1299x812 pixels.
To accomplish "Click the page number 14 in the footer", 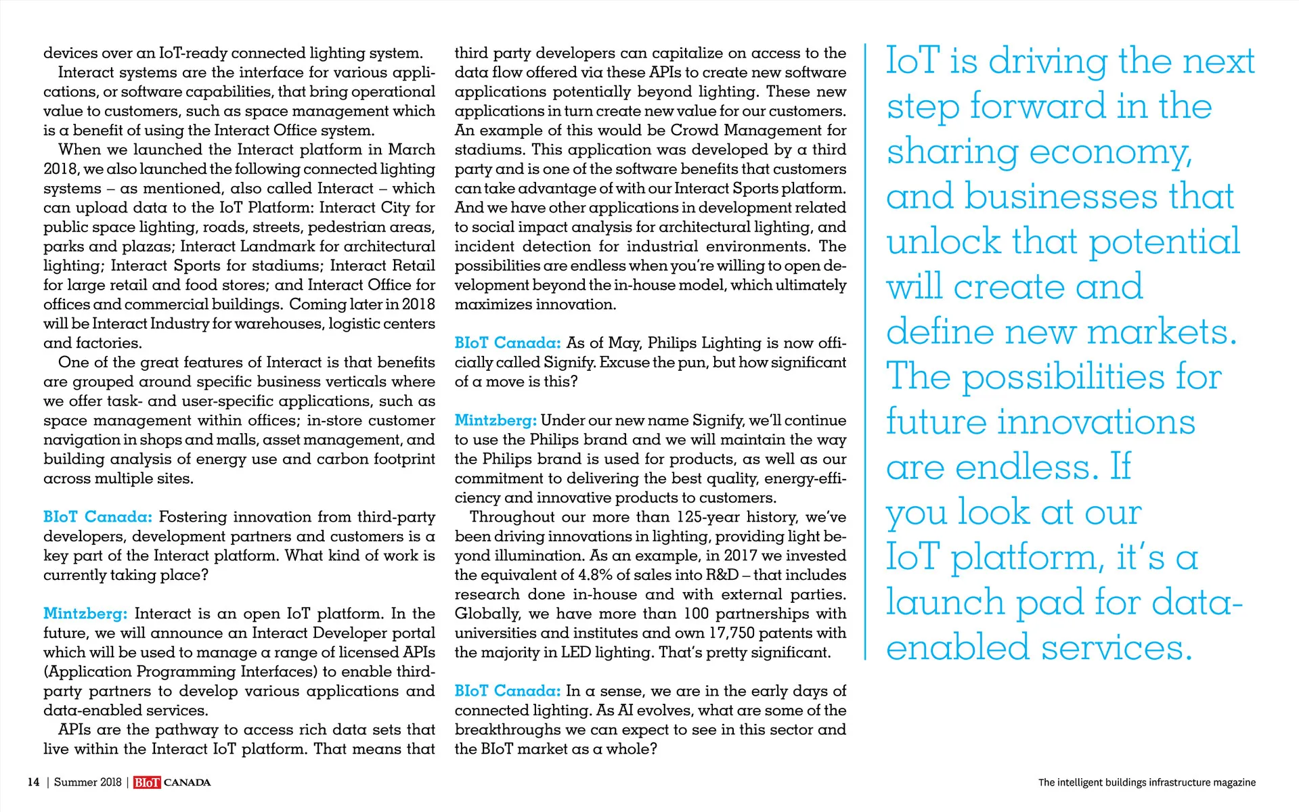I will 33,782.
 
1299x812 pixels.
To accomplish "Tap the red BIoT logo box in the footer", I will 147,783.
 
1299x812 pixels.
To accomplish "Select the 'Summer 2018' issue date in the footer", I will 87,782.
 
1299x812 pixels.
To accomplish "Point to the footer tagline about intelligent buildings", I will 1146,782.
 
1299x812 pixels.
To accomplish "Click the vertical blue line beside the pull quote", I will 865,352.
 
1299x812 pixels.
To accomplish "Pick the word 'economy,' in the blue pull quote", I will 1110,152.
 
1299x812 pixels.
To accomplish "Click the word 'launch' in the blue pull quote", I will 946,602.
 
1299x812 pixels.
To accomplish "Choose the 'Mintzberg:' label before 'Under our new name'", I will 496,421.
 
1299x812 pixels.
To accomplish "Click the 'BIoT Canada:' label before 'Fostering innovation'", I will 97,517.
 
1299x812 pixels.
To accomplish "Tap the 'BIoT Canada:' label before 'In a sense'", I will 507,691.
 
